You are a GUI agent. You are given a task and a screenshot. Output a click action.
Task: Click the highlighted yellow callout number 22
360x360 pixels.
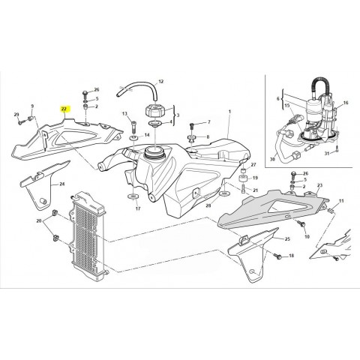click(64, 109)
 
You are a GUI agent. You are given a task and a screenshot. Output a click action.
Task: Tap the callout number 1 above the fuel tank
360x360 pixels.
click(229, 111)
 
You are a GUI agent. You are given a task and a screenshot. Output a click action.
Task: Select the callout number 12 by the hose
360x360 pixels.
click(161, 81)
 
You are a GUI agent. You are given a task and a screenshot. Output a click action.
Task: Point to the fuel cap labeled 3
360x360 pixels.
click(155, 111)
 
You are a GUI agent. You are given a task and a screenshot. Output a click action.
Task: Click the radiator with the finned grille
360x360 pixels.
click(88, 236)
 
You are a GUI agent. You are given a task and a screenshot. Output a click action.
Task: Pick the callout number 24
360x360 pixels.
click(62, 184)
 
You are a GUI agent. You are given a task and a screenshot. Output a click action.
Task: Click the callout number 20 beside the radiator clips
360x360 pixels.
click(39, 220)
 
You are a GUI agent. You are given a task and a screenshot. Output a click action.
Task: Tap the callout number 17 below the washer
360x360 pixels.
click(138, 208)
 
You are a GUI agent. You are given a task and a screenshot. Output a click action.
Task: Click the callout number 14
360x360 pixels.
click(147, 135)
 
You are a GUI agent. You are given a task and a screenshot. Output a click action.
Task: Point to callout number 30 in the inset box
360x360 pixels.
click(272, 159)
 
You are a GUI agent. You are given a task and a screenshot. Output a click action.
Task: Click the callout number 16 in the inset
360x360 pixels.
click(346, 103)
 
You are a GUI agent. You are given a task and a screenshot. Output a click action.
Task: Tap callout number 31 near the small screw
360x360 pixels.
click(327, 154)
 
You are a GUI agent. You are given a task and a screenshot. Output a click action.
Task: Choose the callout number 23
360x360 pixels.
click(320, 185)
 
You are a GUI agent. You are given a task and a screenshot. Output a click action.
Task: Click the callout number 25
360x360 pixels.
click(287, 239)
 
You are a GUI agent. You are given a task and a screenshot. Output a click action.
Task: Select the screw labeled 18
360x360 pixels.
click(278, 256)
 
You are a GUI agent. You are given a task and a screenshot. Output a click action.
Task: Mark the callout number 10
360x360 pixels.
click(307, 236)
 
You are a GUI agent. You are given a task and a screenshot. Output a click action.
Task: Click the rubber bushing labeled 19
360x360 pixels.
click(242, 179)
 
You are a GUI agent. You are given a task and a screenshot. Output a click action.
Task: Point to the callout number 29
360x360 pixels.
click(16, 115)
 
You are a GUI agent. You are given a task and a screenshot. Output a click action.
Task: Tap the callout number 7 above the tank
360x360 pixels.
click(209, 122)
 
